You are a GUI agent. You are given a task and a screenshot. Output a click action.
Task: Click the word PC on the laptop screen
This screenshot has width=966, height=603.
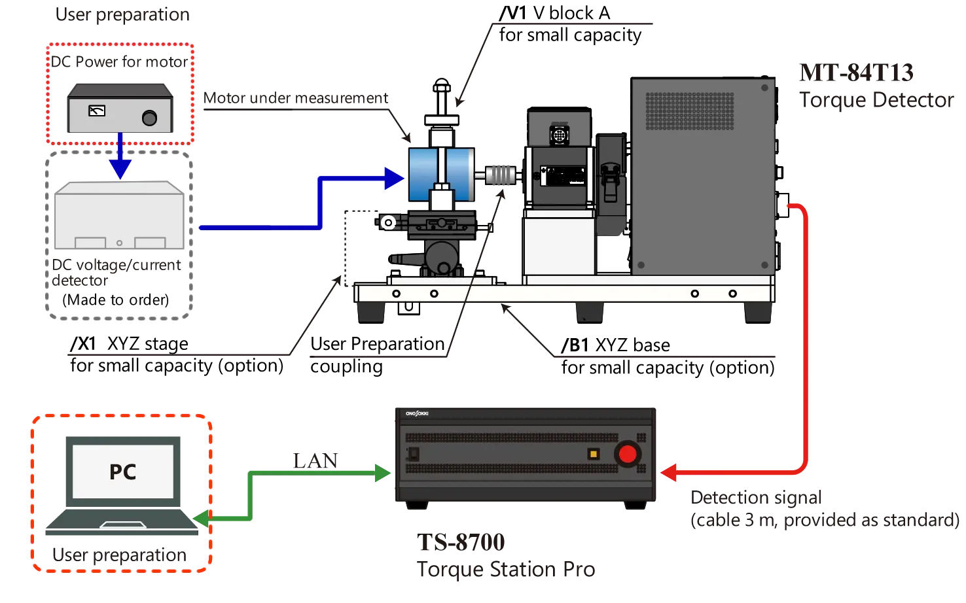(122, 472)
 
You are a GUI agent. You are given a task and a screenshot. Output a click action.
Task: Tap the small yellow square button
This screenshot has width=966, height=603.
(594, 454)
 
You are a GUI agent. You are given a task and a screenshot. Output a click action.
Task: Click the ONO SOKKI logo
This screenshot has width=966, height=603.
(417, 413)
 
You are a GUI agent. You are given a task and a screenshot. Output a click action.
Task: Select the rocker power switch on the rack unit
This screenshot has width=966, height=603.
(414, 454)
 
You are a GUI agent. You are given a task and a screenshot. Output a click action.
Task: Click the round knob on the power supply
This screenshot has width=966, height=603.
(149, 118)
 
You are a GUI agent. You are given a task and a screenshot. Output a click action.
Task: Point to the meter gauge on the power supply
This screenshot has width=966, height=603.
(96, 111)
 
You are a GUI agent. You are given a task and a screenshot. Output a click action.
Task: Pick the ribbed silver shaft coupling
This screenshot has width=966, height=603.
(502, 175)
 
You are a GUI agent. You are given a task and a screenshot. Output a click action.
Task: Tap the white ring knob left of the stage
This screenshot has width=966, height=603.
(389, 223)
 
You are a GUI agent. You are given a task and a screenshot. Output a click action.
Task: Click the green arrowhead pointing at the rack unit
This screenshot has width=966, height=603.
(382, 472)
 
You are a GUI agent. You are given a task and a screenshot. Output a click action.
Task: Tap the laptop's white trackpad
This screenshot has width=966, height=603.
(122, 525)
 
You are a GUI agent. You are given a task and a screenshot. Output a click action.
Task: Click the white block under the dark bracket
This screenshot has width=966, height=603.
(558, 246)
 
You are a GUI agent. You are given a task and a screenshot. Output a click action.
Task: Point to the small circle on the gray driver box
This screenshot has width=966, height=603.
(119, 243)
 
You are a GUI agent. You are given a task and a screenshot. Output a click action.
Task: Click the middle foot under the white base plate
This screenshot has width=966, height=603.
(590, 312)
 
